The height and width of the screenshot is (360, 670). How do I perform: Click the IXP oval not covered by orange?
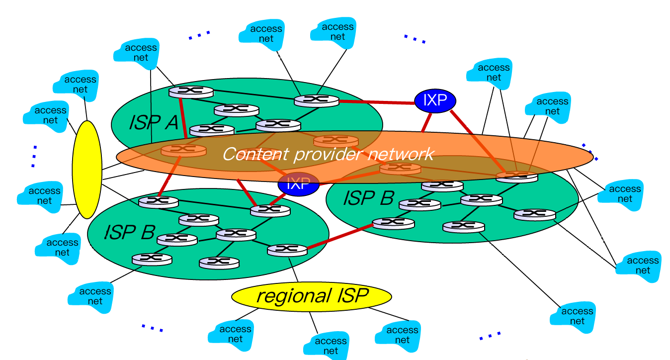[x=435, y=100]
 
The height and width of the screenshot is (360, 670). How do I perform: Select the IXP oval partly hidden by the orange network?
[x=298, y=184]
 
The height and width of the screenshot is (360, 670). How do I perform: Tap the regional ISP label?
[x=312, y=296]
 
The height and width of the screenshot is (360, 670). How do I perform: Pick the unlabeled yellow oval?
[x=87, y=169]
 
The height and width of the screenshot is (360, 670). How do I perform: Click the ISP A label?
[x=153, y=122]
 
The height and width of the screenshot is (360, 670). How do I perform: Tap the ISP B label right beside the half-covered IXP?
[x=368, y=198]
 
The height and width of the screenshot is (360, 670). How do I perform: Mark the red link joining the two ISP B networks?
[x=340, y=237]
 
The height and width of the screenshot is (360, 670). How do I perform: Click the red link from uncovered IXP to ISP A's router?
[x=376, y=102]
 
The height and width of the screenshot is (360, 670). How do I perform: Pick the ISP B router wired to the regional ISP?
[x=287, y=250]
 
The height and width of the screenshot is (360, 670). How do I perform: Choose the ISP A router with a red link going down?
[x=191, y=92]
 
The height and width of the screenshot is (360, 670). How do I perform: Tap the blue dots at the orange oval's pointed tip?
[x=589, y=151]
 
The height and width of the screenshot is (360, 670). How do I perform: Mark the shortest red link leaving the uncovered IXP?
[x=426, y=122]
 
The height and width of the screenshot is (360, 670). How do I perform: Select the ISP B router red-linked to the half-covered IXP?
[x=270, y=210]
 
